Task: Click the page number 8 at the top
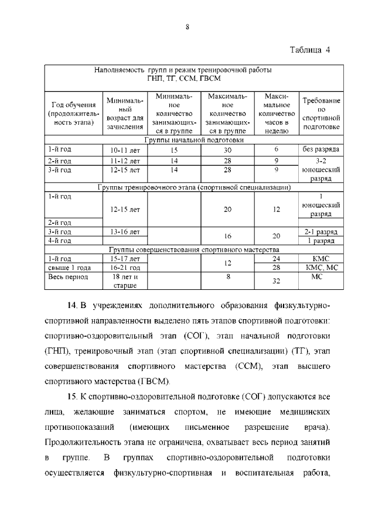tap(187, 26)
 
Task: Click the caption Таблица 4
tap(310, 50)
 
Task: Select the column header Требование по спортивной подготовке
tap(321, 113)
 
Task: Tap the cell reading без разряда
tap(321, 150)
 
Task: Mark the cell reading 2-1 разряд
tap(321, 232)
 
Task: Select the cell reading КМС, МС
tap(321, 267)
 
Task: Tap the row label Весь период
tap(68, 276)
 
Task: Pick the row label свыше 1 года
tap(69, 267)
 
